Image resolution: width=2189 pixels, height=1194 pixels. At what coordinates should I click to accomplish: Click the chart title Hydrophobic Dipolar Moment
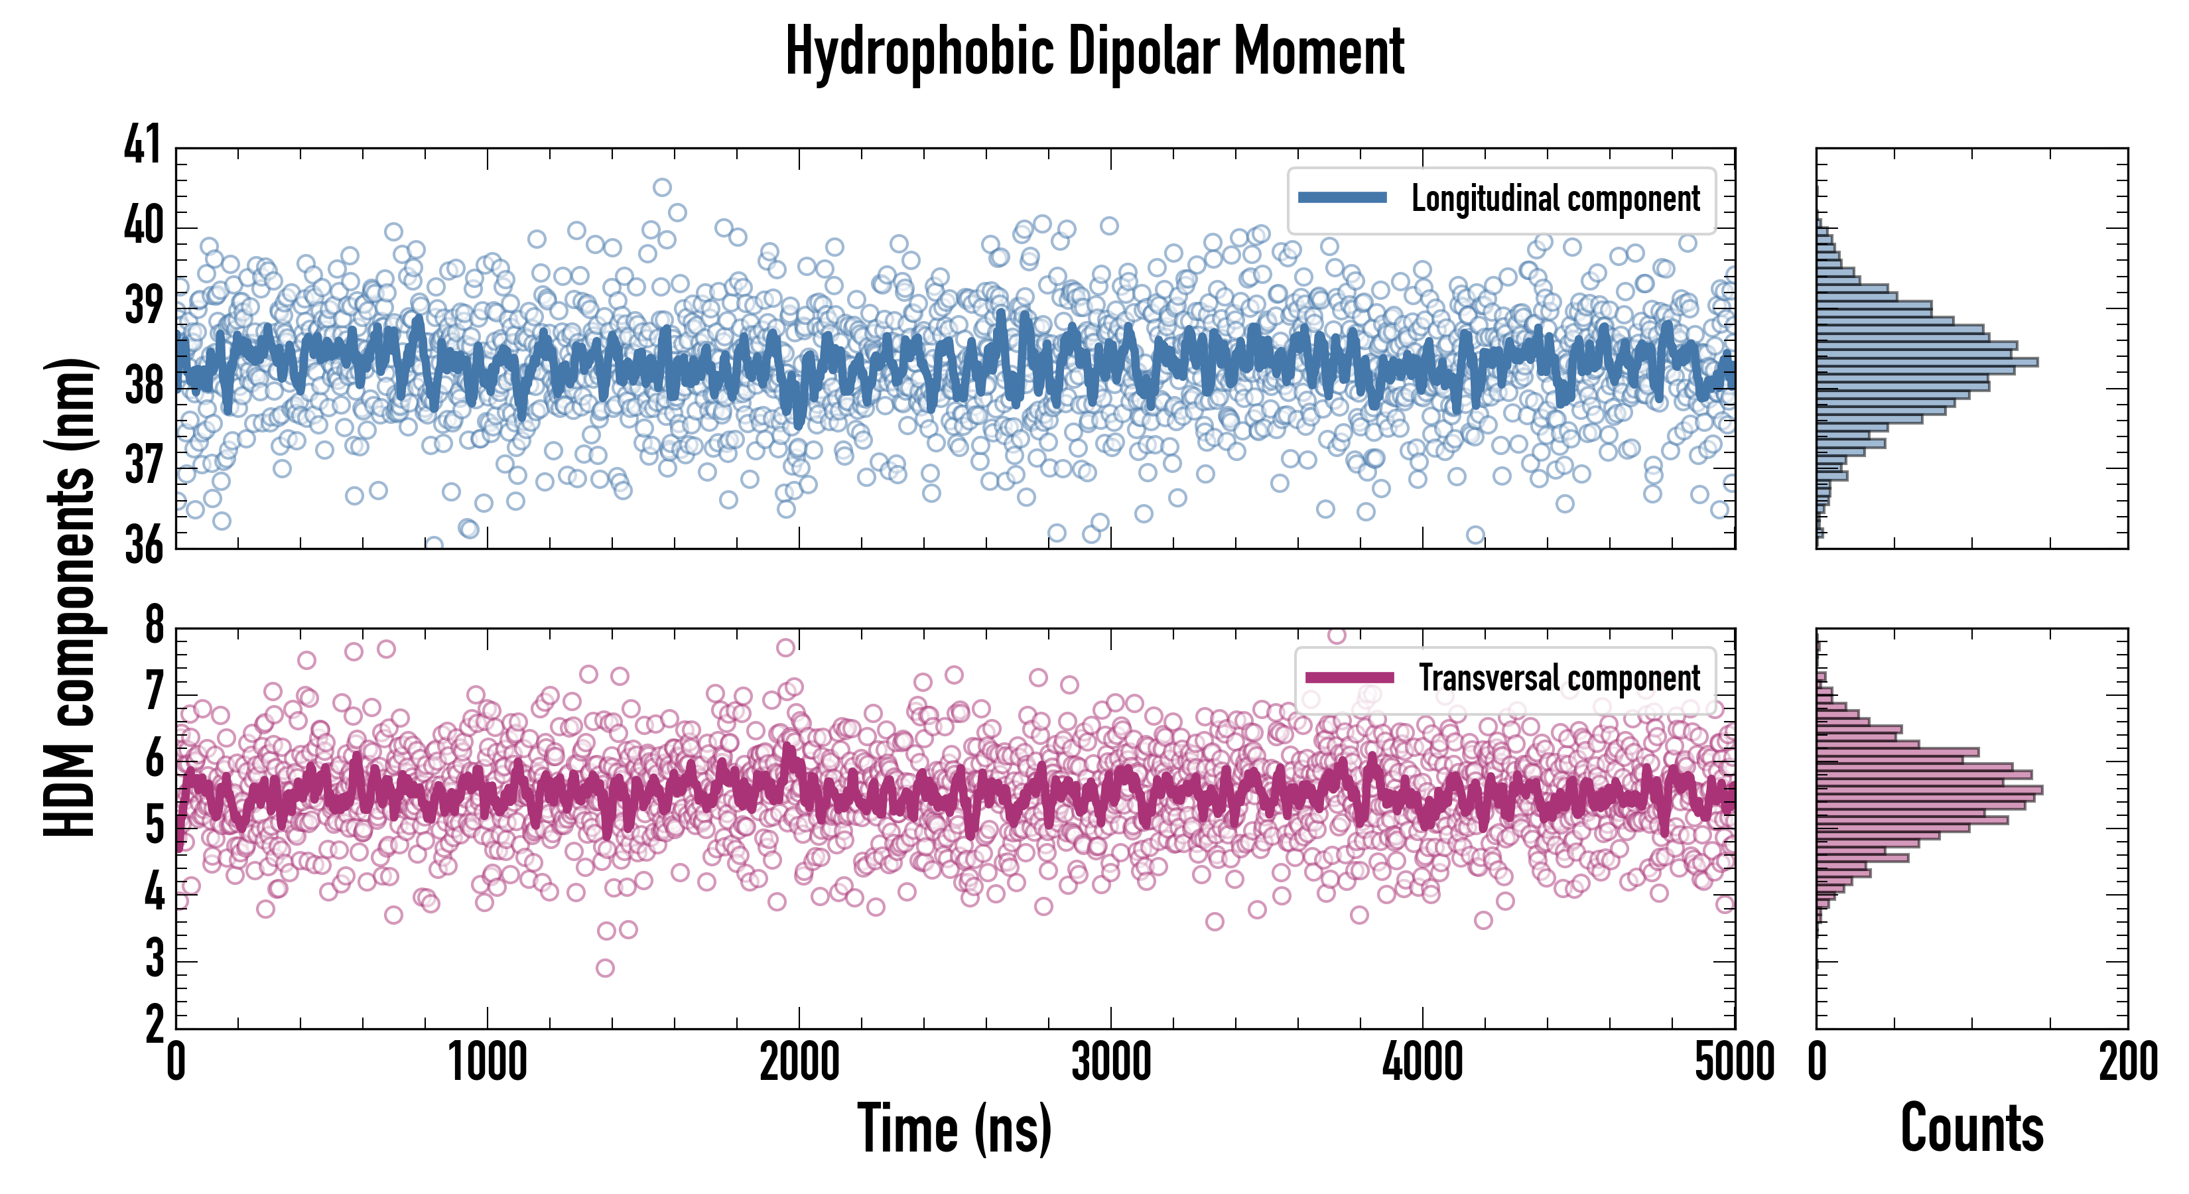pos(1094,52)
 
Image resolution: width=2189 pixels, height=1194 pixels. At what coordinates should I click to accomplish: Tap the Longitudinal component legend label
pos(1555,199)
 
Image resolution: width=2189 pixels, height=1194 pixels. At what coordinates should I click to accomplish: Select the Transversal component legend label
pos(1559,678)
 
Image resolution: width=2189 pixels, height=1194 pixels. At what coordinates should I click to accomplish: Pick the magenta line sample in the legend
pos(1349,677)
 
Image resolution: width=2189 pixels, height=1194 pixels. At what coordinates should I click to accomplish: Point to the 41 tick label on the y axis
pos(142,145)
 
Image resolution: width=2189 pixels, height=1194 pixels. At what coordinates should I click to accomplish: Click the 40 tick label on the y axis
pos(142,226)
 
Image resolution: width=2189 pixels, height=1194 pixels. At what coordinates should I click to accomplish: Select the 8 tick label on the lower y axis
pos(154,626)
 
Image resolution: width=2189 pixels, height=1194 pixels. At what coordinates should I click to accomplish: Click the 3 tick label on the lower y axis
pos(154,961)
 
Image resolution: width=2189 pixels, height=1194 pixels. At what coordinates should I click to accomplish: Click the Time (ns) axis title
pos(955,1130)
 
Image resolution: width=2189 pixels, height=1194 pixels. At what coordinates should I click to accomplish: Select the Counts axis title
pos(1971,1130)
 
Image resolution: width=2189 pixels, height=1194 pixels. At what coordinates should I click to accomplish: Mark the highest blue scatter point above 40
pos(662,187)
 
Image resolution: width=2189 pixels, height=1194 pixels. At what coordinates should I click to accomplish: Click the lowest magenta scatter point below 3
pos(605,968)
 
